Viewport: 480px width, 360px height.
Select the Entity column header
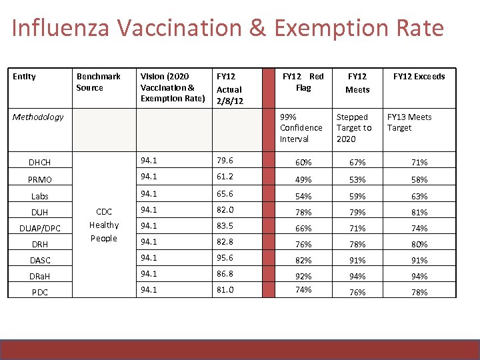tap(25, 77)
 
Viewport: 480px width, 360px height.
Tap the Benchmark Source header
tap(98, 82)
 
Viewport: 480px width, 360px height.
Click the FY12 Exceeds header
tap(419, 77)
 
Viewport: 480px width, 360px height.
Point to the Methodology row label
tap(38, 117)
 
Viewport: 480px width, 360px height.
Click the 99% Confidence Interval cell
tap(301, 128)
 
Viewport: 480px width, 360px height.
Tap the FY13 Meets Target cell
tap(409, 123)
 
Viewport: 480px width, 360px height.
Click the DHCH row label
tap(40, 163)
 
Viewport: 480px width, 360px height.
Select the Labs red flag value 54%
tap(304, 197)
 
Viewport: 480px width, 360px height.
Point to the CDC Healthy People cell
tap(103, 225)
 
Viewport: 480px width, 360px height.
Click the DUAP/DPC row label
tap(40, 229)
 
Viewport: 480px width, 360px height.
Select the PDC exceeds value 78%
tap(419, 293)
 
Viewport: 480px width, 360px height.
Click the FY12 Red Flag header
tap(303, 82)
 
